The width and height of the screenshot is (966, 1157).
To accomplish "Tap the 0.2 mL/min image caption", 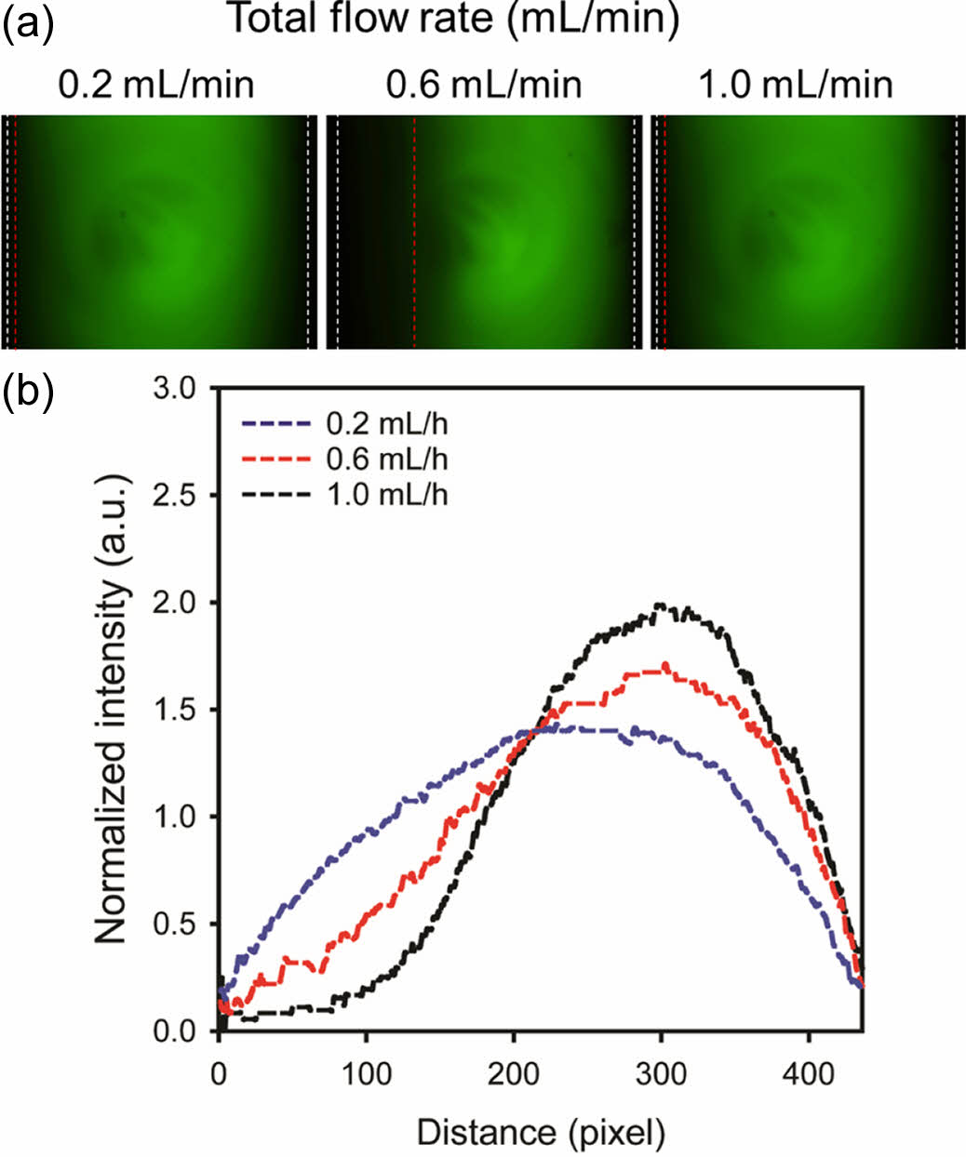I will (156, 85).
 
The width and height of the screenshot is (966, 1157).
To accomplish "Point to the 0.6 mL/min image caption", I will (484, 85).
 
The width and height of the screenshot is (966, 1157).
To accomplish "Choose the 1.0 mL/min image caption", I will (795, 85).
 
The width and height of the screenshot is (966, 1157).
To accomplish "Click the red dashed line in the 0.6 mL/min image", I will (414, 233).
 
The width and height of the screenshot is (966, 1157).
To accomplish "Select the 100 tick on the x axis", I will (366, 1074).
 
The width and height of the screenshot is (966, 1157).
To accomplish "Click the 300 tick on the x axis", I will (661, 1074).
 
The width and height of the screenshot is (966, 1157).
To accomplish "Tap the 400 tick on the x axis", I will (808, 1074).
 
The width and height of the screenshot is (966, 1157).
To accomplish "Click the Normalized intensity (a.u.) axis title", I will (112, 710).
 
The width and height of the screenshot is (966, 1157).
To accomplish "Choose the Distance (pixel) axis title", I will (541, 1132).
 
